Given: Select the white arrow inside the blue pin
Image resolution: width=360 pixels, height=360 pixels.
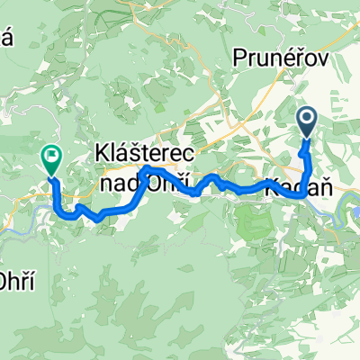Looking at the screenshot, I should [308, 117].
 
